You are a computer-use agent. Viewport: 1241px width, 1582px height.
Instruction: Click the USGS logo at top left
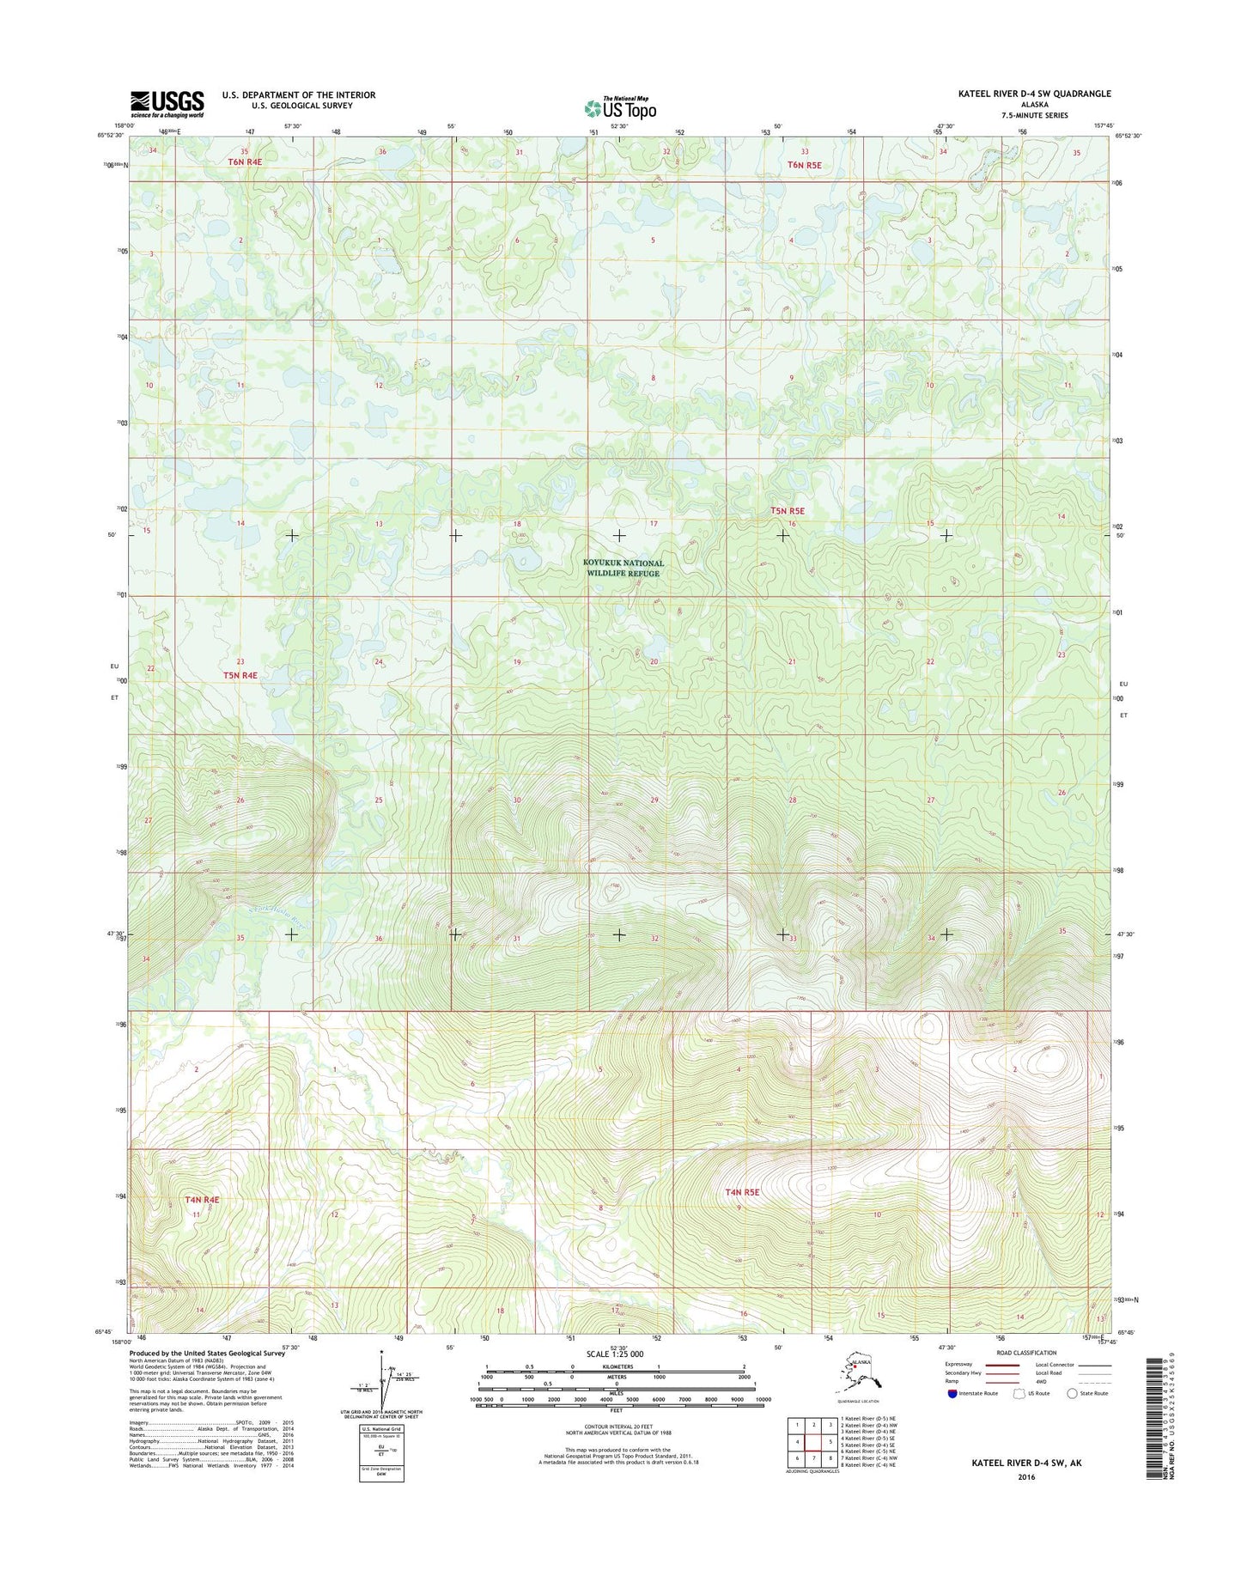pos(167,103)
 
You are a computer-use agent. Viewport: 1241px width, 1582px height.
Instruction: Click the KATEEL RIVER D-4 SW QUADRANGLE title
pos(1034,94)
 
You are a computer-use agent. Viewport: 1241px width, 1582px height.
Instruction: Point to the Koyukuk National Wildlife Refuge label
pos(623,569)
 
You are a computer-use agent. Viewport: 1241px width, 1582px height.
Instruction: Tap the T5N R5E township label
pos(788,511)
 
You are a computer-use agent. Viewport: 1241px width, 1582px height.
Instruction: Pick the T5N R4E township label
pos(240,675)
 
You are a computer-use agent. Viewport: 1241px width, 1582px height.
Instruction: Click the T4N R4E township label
pos(202,1200)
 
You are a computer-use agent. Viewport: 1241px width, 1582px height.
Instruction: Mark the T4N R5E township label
pos(742,1192)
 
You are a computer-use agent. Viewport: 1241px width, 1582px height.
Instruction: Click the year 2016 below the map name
pos(1025,1477)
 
